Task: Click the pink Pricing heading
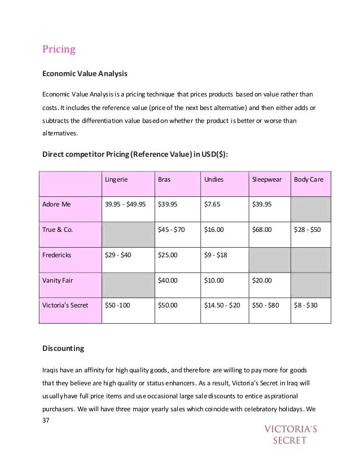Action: coord(59,50)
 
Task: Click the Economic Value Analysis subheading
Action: coord(85,73)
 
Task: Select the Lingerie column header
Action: coord(116,180)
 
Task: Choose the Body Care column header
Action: coord(309,180)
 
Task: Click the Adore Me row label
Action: coord(57,205)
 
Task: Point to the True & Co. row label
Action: coord(58,230)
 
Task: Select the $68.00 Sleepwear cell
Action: coord(262,230)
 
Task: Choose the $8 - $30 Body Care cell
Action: coord(305,306)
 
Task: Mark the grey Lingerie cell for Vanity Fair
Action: coord(128,285)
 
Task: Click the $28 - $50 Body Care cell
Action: coord(307,230)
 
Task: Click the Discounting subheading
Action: coord(63,349)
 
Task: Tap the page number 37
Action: coord(46,420)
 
